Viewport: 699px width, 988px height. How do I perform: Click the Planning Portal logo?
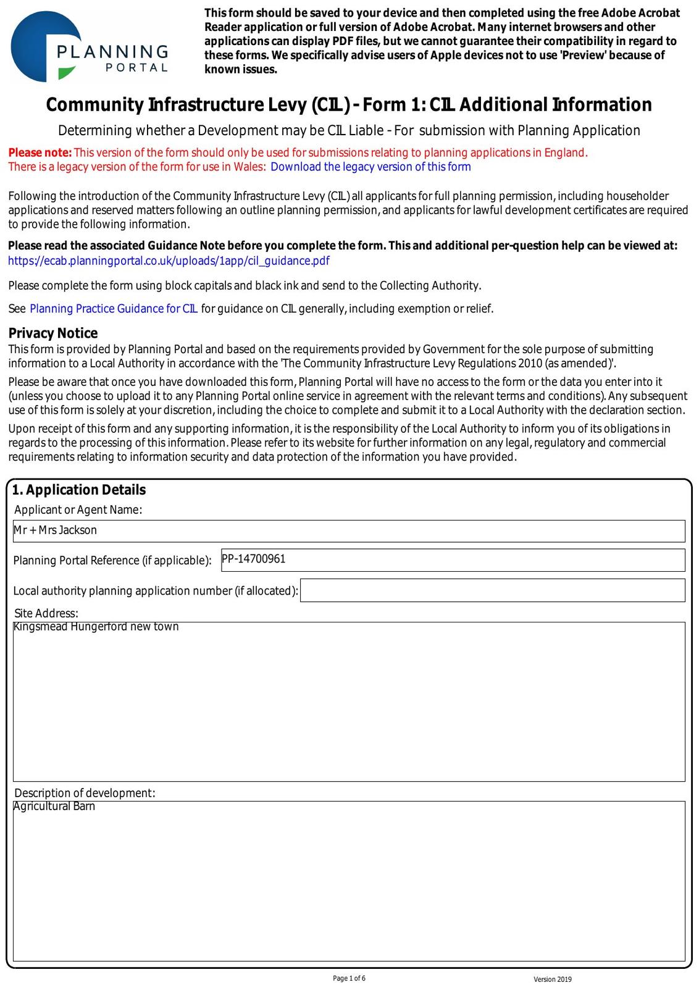pos(90,47)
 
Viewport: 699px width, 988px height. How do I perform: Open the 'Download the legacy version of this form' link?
pos(370,167)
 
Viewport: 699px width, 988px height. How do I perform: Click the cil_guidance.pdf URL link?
pos(169,261)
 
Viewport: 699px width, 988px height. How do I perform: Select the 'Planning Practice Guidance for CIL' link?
pos(114,309)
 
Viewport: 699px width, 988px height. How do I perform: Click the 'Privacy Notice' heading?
pos(53,333)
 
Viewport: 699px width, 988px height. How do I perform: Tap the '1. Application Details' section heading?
pos(79,490)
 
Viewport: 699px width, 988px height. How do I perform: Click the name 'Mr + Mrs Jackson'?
pos(56,530)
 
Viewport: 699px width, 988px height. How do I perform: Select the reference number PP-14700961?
pos(254,559)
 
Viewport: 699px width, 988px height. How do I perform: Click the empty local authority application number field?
pos(492,590)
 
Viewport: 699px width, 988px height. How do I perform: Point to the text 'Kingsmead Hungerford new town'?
pos(96,627)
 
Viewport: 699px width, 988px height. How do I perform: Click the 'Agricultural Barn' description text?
pos(54,806)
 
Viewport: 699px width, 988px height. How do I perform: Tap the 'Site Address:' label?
pos(46,613)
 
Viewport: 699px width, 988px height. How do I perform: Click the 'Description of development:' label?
pos(85,793)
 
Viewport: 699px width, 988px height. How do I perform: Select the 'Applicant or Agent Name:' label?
pos(78,509)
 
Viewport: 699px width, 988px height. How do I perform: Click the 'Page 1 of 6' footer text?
pos(349,978)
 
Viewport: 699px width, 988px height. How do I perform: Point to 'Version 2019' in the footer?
pos(553,979)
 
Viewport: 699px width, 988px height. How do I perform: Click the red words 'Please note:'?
pos(40,153)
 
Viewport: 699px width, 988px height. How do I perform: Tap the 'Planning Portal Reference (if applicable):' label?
pos(112,561)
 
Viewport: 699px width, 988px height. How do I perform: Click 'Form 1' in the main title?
pos(385,105)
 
